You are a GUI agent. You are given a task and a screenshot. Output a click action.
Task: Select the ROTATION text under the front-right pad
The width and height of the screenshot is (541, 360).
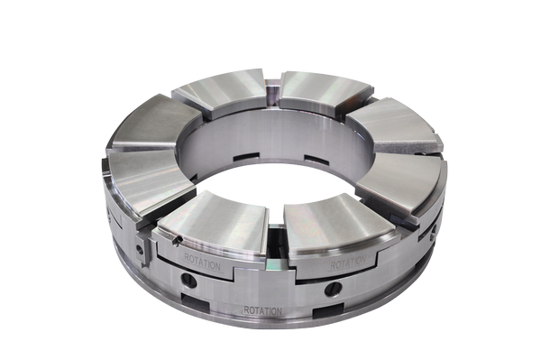tap(348, 264)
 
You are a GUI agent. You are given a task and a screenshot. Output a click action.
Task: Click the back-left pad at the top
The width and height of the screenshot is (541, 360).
tap(222, 90)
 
